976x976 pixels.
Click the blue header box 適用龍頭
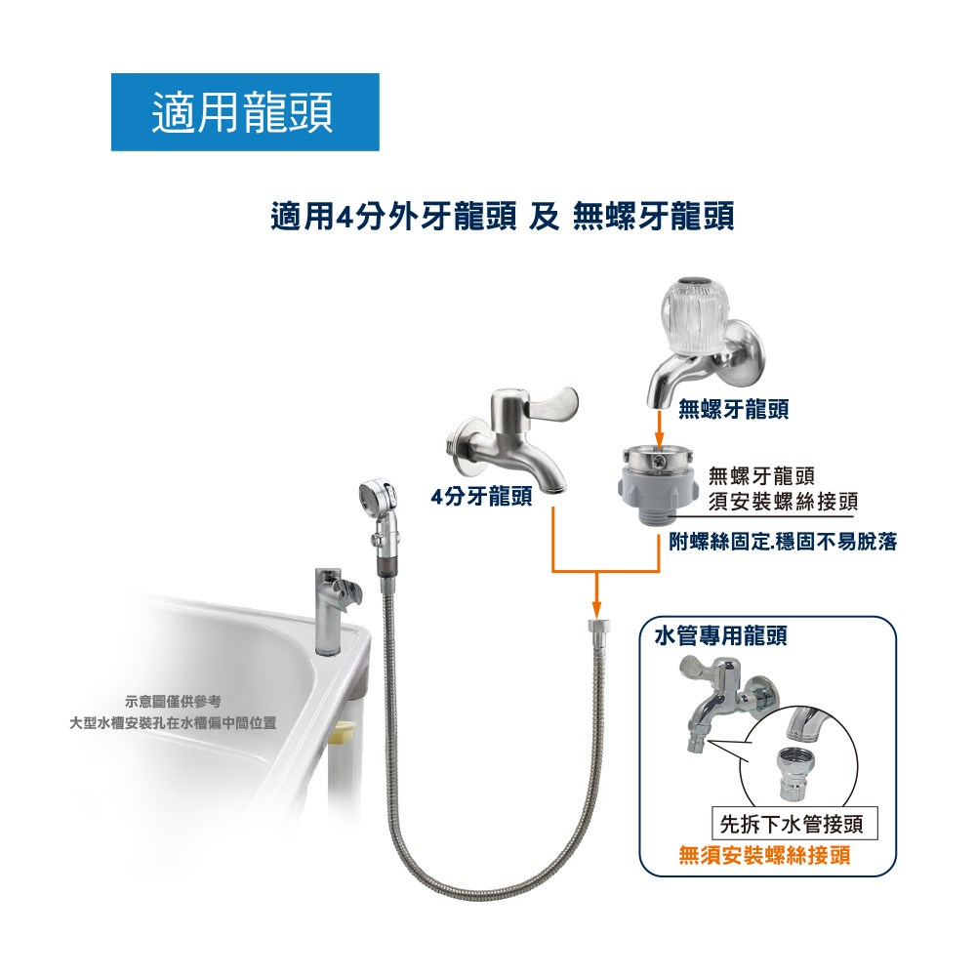pos(245,112)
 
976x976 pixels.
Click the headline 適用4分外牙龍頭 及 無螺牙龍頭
pos(503,217)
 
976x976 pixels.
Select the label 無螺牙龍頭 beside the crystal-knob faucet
pos(733,409)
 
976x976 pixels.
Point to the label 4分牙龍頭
pos(481,496)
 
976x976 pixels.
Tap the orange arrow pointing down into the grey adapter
pos(659,428)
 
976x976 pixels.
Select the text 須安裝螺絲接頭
pos(783,501)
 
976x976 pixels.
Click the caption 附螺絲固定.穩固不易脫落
pos(783,542)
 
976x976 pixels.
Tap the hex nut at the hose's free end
pos(597,626)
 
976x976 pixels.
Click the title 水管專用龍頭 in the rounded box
pos(721,635)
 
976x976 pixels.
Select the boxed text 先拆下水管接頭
pos(792,824)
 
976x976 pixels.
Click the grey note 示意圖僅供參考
pos(173,702)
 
